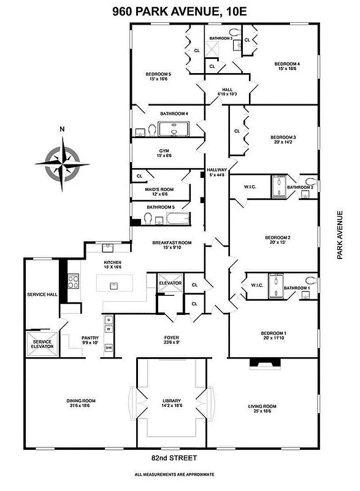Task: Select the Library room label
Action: point(171,406)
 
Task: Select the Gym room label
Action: point(164,153)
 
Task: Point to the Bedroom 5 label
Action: point(160,75)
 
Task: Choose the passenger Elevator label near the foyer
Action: point(170,283)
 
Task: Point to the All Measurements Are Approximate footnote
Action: point(175,474)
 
